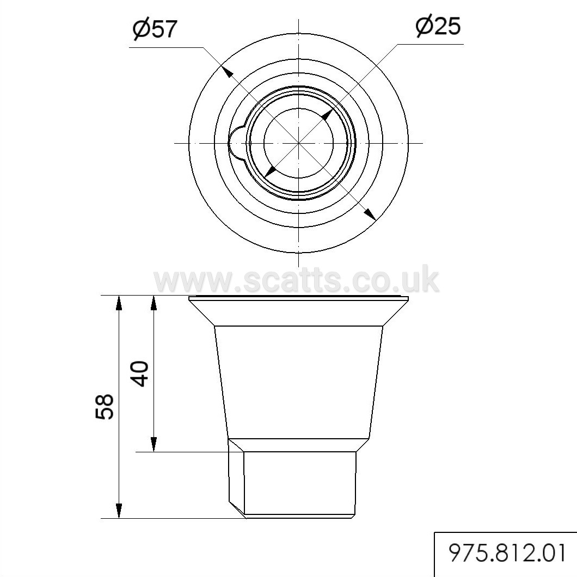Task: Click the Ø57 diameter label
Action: point(155,29)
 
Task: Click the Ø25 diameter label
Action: point(438,26)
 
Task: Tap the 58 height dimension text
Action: point(105,407)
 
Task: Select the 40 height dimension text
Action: point(140,373)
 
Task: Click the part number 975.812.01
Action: point(507,553)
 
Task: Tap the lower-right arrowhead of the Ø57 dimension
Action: point(370,214)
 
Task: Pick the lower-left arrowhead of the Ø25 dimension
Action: point(271,171)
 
